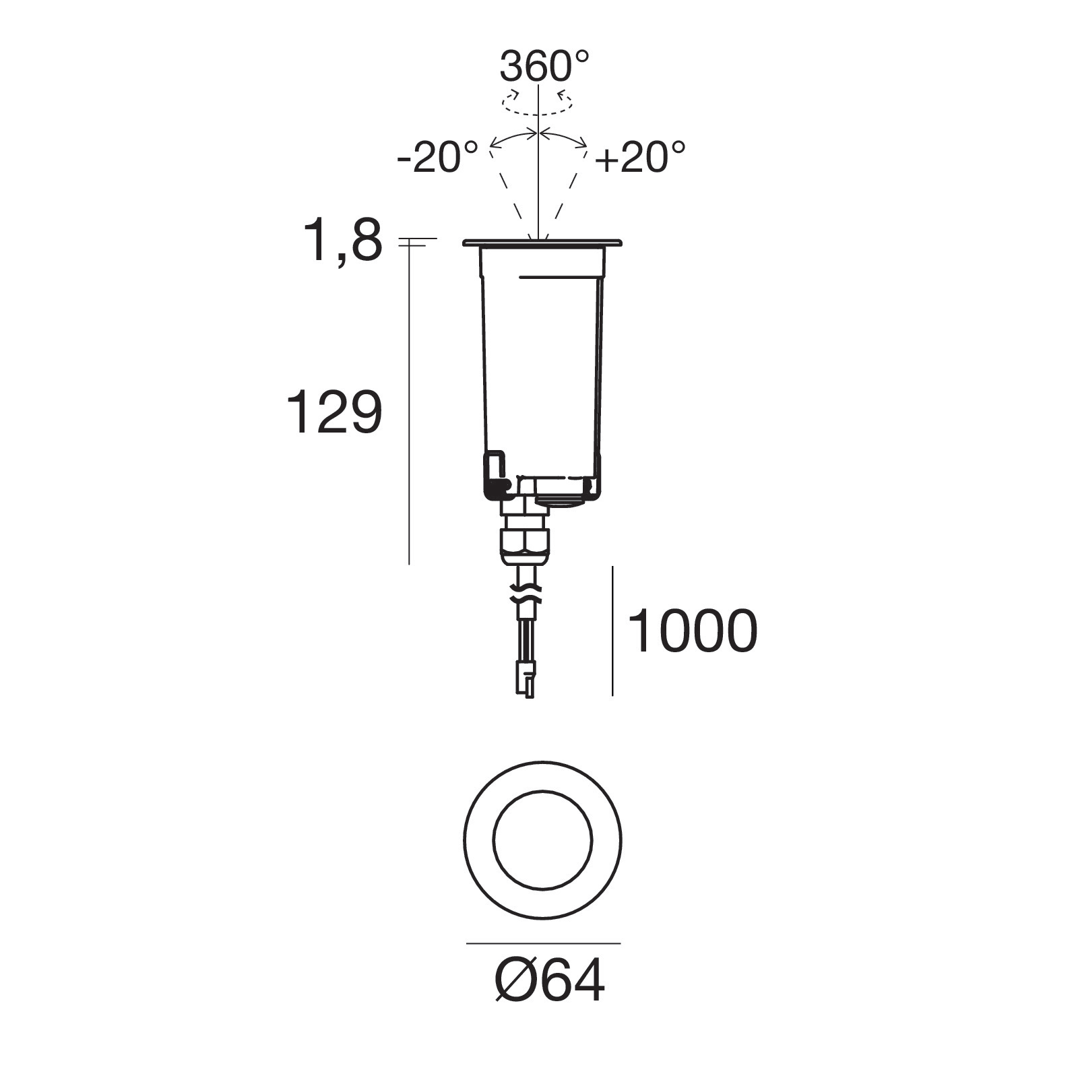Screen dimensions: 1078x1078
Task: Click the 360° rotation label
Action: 544,66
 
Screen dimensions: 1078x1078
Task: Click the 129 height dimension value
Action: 335,411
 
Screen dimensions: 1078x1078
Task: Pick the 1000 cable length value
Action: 693,631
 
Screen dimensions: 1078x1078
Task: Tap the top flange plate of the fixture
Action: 542,243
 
